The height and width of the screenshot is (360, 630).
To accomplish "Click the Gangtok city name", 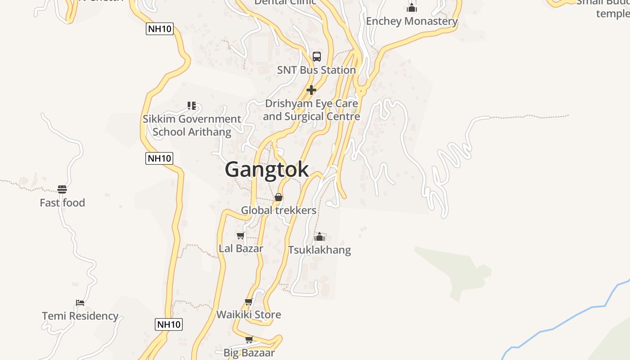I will coord(266,170).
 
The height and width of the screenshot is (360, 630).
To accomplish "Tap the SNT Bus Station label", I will coord(316,70).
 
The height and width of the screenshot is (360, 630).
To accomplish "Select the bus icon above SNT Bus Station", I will coord(317,57).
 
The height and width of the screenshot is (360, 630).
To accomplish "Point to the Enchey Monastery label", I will coord(411,21).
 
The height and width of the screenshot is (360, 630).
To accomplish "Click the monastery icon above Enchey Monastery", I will coord(411,8).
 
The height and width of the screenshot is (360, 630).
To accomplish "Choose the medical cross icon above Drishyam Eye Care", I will coord(311,90).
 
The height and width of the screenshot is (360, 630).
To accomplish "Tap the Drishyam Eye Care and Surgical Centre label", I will coord(311,110).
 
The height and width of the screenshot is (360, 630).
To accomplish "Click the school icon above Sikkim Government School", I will coord(192,106).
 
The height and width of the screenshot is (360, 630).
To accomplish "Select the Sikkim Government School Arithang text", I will coord(192,126).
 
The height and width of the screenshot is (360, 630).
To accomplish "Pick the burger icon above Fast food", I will coord(62,189).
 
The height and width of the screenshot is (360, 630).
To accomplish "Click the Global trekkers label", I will coord(279,210).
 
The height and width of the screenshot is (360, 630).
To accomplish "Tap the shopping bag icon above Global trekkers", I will coord(279,197).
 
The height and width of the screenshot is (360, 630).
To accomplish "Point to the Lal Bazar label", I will coord(241,248).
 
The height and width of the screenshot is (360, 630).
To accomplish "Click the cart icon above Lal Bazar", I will coord(241,235).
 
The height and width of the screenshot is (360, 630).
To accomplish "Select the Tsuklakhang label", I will coord(319,250).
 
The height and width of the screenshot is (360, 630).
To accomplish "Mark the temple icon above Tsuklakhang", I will coord(319,237).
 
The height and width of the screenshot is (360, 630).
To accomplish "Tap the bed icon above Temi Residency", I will coord(80,302).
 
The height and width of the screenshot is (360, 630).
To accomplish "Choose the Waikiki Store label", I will coord(248,315).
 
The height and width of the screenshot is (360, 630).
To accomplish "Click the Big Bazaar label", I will coord(249,353).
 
